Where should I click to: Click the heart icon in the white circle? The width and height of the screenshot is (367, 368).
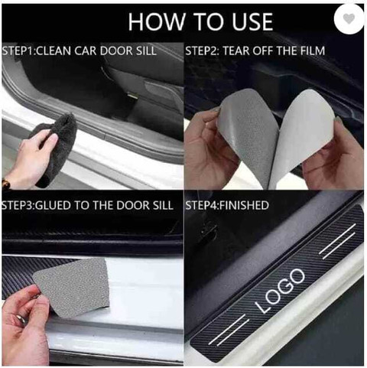[x=349, y=18]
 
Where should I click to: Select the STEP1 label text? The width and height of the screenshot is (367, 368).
[x=18, y=50]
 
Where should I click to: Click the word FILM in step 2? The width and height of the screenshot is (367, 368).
[x=313, y=50]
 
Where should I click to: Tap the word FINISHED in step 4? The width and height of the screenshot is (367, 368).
[x=244, y=205]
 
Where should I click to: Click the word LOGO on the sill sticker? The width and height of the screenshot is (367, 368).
[x=281, y=291]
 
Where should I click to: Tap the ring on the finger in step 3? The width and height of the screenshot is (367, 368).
[x=21, y=320]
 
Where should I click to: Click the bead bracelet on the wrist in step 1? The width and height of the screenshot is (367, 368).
[x=5, y=184]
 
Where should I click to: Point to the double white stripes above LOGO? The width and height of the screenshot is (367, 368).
[x=338, y=241]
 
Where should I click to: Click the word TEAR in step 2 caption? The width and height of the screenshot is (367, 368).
[x=236, y=50]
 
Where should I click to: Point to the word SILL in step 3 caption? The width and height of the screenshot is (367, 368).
[x=163, y=205]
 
